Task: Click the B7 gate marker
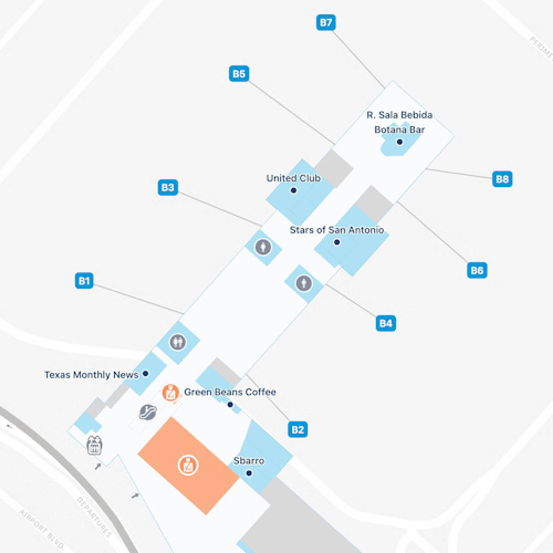[326, 23]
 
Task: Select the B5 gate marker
[239, 74]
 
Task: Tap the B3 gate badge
[168, 188]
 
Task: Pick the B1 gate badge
[84, 281]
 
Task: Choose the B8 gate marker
[502, 179]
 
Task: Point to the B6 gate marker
[477, 270]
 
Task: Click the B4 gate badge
[386, 323]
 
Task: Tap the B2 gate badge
[298, 430]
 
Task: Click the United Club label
[293, 178]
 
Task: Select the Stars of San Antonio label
[336, 230]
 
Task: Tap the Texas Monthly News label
[91, 375]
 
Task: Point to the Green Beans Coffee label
[230, 392]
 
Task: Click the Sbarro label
[249, 461]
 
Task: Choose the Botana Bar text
[399, 130]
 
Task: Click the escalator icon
[148, 412]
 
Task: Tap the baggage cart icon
[94, 445]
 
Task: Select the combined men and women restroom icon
[177, 342]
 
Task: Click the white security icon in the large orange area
[188, 465]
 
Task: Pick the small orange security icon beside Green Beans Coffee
[171, 393]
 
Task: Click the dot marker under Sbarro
[249, 473]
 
